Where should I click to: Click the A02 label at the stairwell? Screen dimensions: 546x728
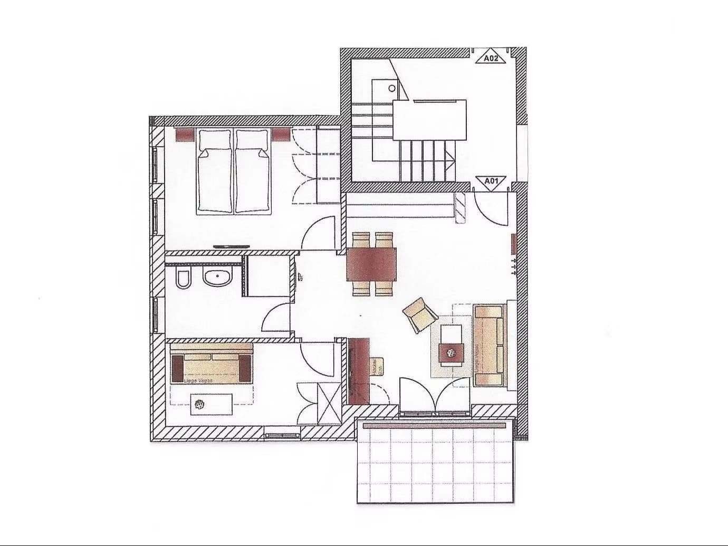[491, 59]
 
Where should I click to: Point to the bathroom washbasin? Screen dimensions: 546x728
[217, 277]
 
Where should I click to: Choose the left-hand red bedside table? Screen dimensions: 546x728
[185, 135]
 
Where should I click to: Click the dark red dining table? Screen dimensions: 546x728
[371, 264]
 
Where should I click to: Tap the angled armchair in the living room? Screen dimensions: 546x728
[420, 315]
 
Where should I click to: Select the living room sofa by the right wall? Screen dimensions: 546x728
[488, 345]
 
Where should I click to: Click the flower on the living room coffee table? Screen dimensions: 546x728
[452, 352]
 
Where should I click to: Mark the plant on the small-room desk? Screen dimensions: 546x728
[199, 405]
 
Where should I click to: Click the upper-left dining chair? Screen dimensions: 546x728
[361, 240]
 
